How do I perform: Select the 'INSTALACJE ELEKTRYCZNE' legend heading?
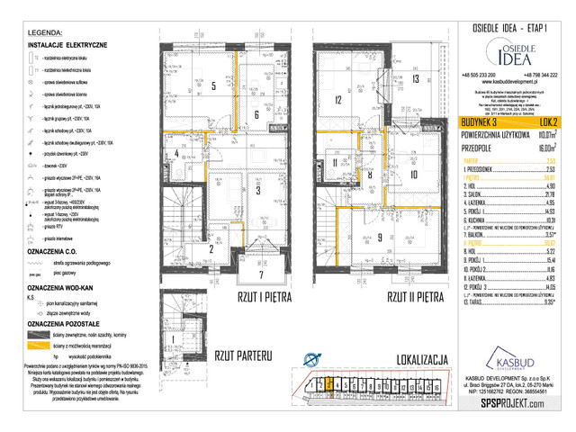pyautogui.click(x=68, y=43)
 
